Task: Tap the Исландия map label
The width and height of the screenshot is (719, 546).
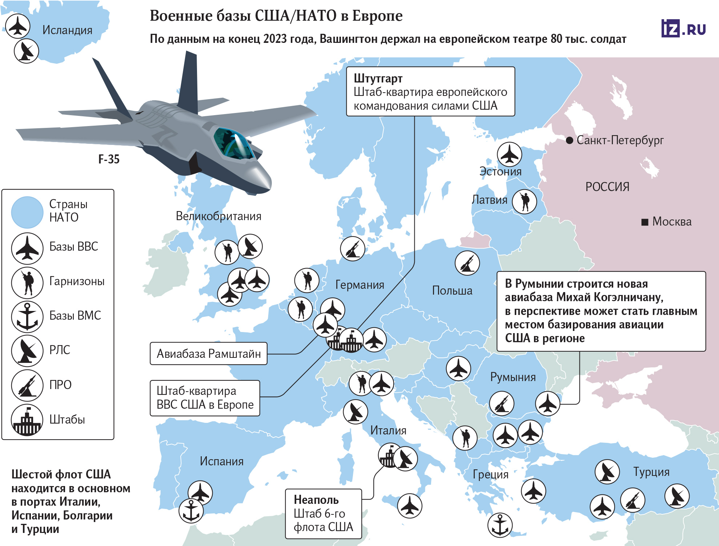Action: coord(67,30)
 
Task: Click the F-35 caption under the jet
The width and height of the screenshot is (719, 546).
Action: coord(109,159)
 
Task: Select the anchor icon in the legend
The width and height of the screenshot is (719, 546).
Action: coord(27,316)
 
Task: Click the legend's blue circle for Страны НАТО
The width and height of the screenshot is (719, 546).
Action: coord(27,212)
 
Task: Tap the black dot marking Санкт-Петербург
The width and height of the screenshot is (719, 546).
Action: coord(570,140)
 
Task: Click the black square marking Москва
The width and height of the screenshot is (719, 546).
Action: coord(645,222)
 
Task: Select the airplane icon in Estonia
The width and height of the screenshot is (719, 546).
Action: coord(509,154)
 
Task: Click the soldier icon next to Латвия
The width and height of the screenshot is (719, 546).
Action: coord(525,201)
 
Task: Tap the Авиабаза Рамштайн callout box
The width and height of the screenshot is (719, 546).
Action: coord(209,353)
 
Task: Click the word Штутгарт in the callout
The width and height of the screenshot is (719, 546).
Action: coord(378,78)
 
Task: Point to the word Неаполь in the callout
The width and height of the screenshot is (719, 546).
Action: coord(316,500)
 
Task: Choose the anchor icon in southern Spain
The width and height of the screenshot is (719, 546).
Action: coord(191,510)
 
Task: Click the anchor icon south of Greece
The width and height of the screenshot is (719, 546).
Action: coord(500,525)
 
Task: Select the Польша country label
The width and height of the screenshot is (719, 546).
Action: coord(452,291)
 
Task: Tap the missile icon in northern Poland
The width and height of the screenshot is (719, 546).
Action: coord(467,263)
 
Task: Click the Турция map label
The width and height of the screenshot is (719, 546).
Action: coord(651,472)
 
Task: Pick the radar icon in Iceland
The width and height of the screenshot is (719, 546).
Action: coord(26,51)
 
